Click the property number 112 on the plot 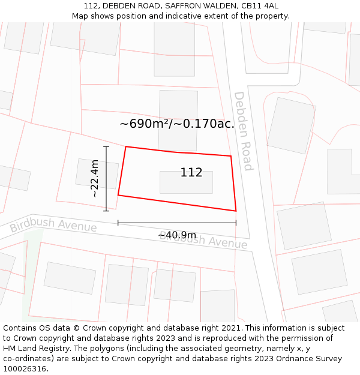(x=191, y=173)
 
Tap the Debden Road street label (x=242, y=130)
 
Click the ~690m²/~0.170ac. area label (x=177, y=124)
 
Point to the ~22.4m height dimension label (x=95, y=178)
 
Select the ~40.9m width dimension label (x=177, y=235)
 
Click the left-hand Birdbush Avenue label (x=53, y=226)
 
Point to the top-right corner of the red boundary (x=231, y=156)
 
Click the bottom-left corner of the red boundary (x=118, y=195)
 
